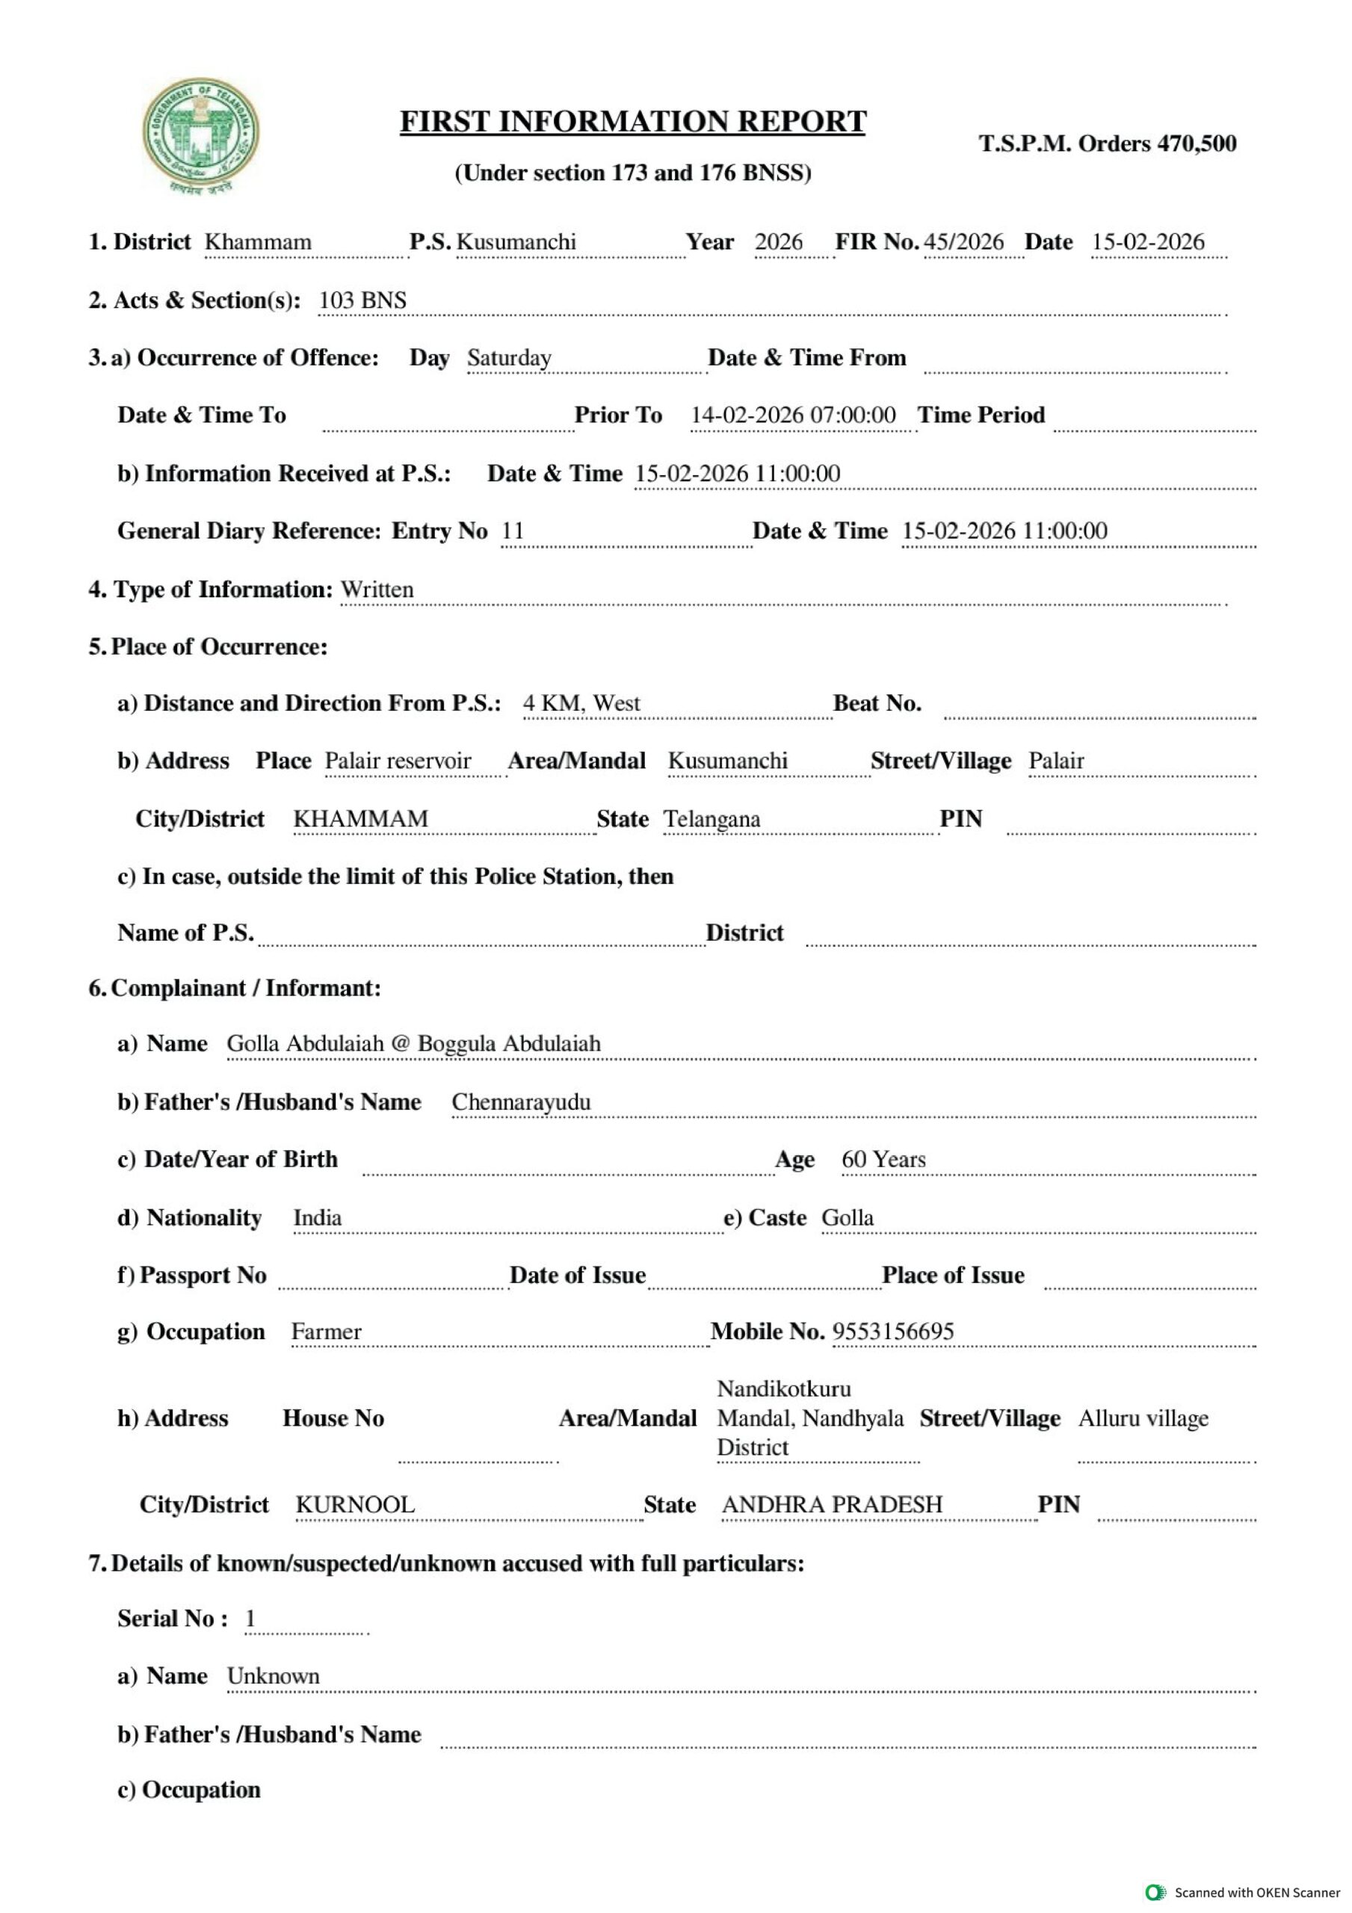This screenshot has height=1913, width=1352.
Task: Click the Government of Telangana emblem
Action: pos(200,136)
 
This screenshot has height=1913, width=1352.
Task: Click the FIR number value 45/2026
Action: pos(963,241)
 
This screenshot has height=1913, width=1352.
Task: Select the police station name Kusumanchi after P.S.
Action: pos(516,241)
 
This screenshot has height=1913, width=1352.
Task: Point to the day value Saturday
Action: pos(508,357)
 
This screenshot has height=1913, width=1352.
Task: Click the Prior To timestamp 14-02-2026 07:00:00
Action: pos(793,415)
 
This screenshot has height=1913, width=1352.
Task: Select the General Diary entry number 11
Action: pos(513,531)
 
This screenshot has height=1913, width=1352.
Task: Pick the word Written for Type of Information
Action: pos(377,589)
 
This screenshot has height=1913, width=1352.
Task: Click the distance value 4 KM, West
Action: pos(581,703)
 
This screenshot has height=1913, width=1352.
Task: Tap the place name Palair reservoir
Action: pos(398,761)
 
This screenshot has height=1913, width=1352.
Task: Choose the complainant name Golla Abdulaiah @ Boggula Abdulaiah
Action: pos(413,1043)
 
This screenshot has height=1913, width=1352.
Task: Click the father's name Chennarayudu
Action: pos(521,1101)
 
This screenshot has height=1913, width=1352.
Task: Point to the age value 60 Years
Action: pos(883,1159)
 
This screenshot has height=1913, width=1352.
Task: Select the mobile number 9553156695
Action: pos(892,1332)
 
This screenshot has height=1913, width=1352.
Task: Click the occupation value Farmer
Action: pos(326,1332)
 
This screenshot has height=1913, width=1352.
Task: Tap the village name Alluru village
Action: pos(1143,1418)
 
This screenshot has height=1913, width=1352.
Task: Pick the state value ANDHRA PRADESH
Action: pos(832,1504)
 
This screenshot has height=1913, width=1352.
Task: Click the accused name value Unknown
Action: pos(274,1675)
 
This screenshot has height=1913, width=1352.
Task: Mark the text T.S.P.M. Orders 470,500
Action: pos(1107,143)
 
